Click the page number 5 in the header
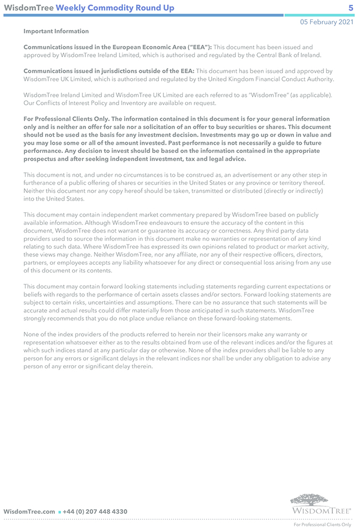(351, 8)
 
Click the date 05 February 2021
(327, 22)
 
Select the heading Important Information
(56, 32)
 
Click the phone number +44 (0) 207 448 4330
(95, 511)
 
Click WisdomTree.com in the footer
(29, 511)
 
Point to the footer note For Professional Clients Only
(322, 524)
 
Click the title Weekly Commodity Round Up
(115, 8)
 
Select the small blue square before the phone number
(59, 512)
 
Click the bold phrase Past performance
(196, 143)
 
